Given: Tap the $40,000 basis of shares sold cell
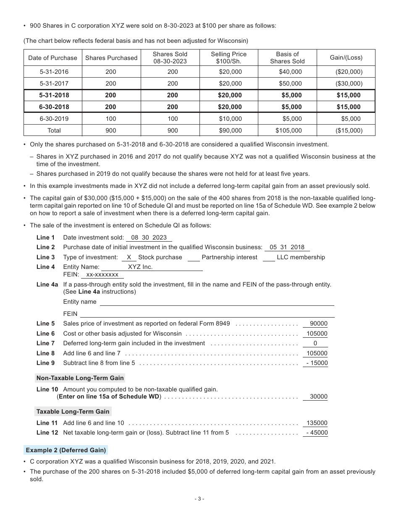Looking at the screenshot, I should pyautogui.click(x=290, y=72).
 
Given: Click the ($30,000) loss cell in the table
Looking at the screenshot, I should pyautogui.click(x=349, y=83).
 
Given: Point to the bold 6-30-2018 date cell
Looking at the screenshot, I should pyautogui.click(x=54, y=107).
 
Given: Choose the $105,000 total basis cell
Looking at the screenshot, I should pyautogui.click(x=289, y=130).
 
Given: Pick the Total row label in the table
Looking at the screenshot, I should pyautogui.click(x=54, y=130).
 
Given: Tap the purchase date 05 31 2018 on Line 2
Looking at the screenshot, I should pyautogui.click(x=287, y=248).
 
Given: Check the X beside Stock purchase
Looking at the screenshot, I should pyautogui.click(x=129, y=257).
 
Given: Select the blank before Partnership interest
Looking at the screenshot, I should pyautogui.click(x=194, y=258).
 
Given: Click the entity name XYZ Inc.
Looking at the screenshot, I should pyautogui.click(x=140, y=267).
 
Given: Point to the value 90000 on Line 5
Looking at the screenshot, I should pyautogui.click(x=318, y=324).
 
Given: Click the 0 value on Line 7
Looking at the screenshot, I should pyautogui.click(x=315, y=343).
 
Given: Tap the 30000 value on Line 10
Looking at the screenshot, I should pyautogui.click(x=318, y=396).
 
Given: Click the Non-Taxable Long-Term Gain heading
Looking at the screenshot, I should pyautogui.click(x=80, y=378).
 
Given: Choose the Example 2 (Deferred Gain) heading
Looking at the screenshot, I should pyautogui.click(x=66, y=450).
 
